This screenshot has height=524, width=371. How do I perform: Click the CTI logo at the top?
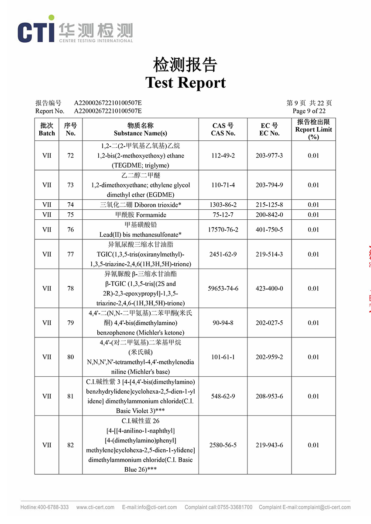[75, 29]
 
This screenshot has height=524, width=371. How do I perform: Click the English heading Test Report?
[185, 82]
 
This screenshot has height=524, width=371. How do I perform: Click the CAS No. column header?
[223, 129]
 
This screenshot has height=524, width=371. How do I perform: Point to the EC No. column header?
[269, 129]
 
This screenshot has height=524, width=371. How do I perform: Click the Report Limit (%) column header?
[313, 129]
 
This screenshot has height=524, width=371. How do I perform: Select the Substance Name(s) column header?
[140, 129]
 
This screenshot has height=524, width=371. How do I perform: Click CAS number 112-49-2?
[223, 156]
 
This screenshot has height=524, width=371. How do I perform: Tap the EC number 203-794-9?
[269, 185]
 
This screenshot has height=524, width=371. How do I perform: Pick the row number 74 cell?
[71, 204]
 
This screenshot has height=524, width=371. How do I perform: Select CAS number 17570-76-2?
[223, 230]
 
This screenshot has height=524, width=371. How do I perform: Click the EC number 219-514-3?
[269, 254]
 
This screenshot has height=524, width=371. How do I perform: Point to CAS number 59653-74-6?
[223, 289]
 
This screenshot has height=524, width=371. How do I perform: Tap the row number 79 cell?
[71, 323]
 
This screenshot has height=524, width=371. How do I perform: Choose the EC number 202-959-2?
[269, 357]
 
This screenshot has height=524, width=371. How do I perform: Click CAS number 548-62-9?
[223, 396]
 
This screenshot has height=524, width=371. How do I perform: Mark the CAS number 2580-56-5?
[223, 445]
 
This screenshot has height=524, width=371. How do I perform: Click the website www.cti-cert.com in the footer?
[95, 507]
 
